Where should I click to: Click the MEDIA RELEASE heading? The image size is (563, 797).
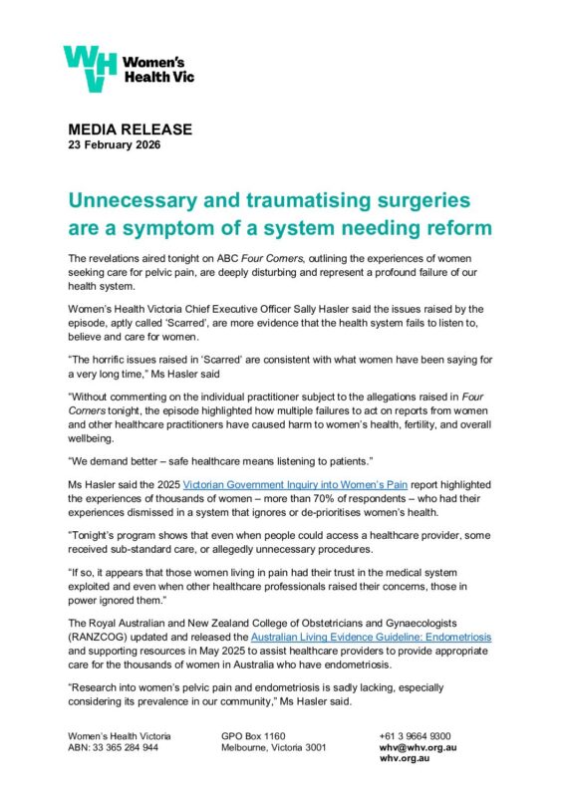(x=130, y=130)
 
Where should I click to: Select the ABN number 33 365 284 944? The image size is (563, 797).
(x=131, y=747)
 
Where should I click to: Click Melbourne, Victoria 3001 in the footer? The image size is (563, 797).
(x=274, y=747)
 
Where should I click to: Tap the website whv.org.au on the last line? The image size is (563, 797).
(x=404, y=758)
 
